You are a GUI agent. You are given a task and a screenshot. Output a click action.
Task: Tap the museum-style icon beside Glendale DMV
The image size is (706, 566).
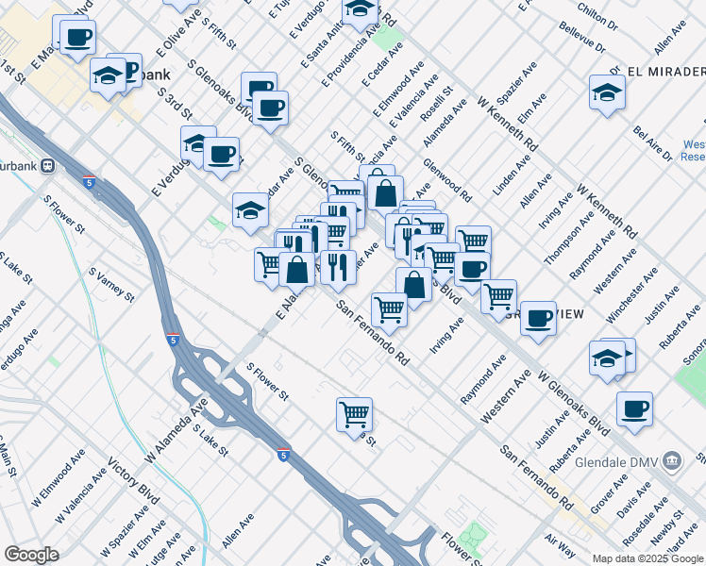coord(672,461)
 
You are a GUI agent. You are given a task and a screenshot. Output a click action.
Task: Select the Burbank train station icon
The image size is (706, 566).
coord(48,165)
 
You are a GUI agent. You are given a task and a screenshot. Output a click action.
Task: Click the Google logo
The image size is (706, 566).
coord(31,554)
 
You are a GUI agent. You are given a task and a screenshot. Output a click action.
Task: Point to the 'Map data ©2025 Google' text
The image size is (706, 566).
coord(647,558)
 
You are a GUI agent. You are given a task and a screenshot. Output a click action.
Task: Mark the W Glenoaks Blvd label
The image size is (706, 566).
coord(573,404)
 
